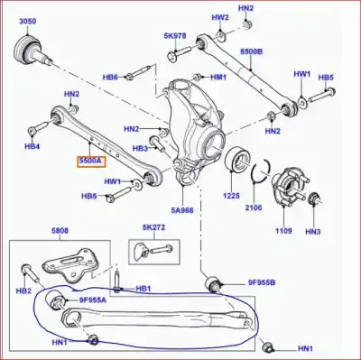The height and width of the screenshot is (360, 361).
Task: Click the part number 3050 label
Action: [x=28, y=20]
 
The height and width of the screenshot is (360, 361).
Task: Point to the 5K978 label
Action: [x=174, y=36]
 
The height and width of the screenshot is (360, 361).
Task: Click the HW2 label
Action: [x=220, y=17]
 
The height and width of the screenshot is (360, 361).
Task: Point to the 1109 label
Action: [x=284, y=232]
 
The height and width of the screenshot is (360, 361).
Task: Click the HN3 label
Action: [x=313, y=232]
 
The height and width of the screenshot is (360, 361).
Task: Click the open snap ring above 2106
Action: [x=261, y=171]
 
